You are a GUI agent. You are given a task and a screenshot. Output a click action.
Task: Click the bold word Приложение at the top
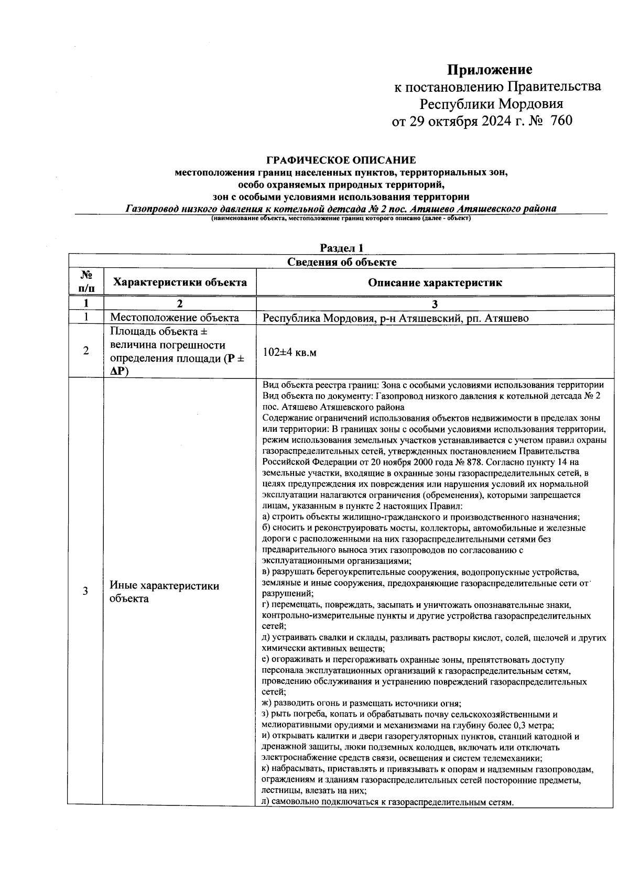click(x=489, y=70)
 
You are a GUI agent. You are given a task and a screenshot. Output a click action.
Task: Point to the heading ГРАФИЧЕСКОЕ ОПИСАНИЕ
click(x=341, y=160)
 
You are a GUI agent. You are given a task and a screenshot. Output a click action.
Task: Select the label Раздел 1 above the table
click(x=341, y=248)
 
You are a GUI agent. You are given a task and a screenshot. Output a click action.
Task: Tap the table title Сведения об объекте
click(x=341, y=262)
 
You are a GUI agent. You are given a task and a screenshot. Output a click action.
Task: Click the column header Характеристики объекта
click(x=180, y=283)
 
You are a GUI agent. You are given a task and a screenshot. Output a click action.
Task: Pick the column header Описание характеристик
click(x=435, y=283)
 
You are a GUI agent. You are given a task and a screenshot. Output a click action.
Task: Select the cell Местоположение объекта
click(x=174, y=318)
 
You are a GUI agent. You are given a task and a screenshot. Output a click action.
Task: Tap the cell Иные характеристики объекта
click(x=164, y=592)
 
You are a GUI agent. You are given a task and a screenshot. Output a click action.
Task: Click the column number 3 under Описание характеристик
click(x=435, y=304)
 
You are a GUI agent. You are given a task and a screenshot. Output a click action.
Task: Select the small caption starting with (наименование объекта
click(x=341, y=219)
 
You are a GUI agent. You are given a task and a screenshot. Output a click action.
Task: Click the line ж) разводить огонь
click(x=361, y=703)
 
